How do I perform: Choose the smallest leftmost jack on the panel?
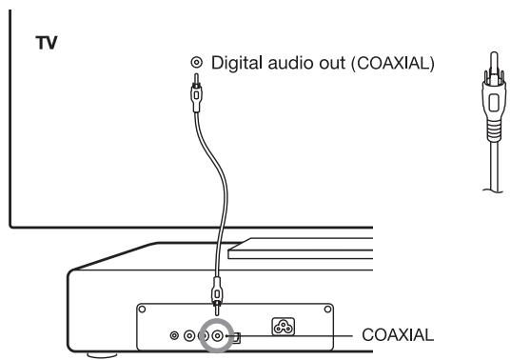[173, 337]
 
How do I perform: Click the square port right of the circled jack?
[239, 337]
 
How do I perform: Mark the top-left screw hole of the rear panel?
[141, 309]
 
